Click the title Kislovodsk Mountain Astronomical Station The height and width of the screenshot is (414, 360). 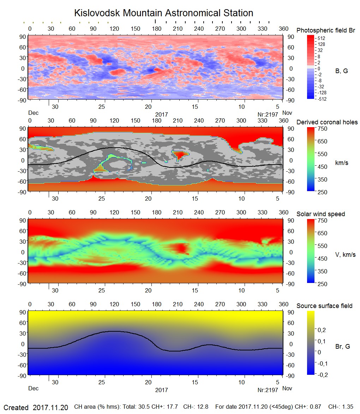(163, 13)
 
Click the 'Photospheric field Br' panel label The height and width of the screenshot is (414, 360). (325, 30)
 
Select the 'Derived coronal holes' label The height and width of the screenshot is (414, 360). (327, 122)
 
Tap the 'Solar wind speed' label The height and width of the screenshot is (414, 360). (320, 214)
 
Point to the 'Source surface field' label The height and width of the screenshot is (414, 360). (324, 306)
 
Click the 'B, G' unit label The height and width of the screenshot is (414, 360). (341, 71)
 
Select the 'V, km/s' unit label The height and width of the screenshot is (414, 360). (345, 255)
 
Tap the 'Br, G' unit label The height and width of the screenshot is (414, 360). (342, 347)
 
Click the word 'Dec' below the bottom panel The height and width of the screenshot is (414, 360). (33, 388)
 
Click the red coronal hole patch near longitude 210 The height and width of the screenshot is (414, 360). (179, 154)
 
